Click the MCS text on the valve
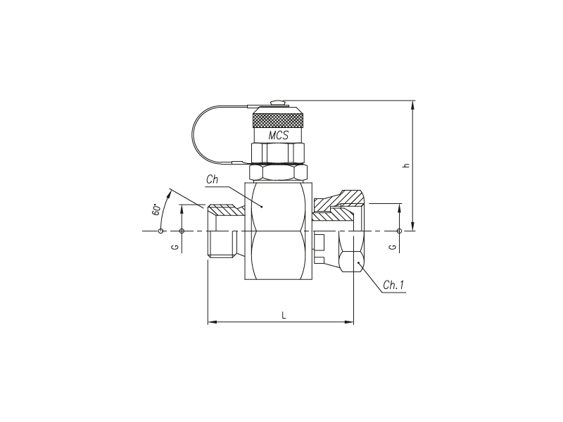coord(278,135)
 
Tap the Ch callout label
coord(212,179)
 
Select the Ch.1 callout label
coord(393,285)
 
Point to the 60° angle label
coord(156,210)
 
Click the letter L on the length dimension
coord(284,315)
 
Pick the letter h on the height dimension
coord(406,165)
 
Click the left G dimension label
coord(175,248)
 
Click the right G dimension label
coord(393,248)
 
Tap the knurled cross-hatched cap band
coord(278,120)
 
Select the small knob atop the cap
coord(278,103)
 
